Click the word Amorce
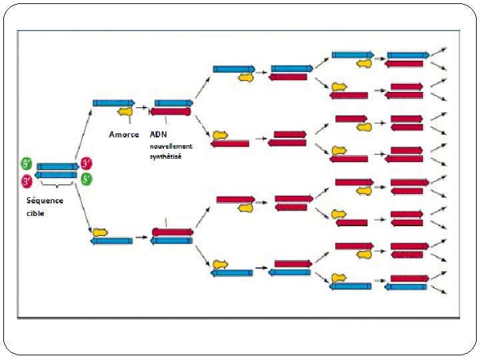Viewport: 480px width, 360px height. pos(124,134)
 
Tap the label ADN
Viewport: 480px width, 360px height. pos(159,134)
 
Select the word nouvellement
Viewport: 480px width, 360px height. pos(171,145)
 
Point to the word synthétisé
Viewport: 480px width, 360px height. pos(165,156)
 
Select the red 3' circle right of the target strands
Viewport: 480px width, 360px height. pos(87,163)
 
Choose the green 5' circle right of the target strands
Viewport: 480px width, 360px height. pos(87,179)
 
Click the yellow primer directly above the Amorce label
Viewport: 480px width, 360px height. pos(125,111)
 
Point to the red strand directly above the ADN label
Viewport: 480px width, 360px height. pos(171,111)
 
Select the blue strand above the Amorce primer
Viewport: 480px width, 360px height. pos(113,103)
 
